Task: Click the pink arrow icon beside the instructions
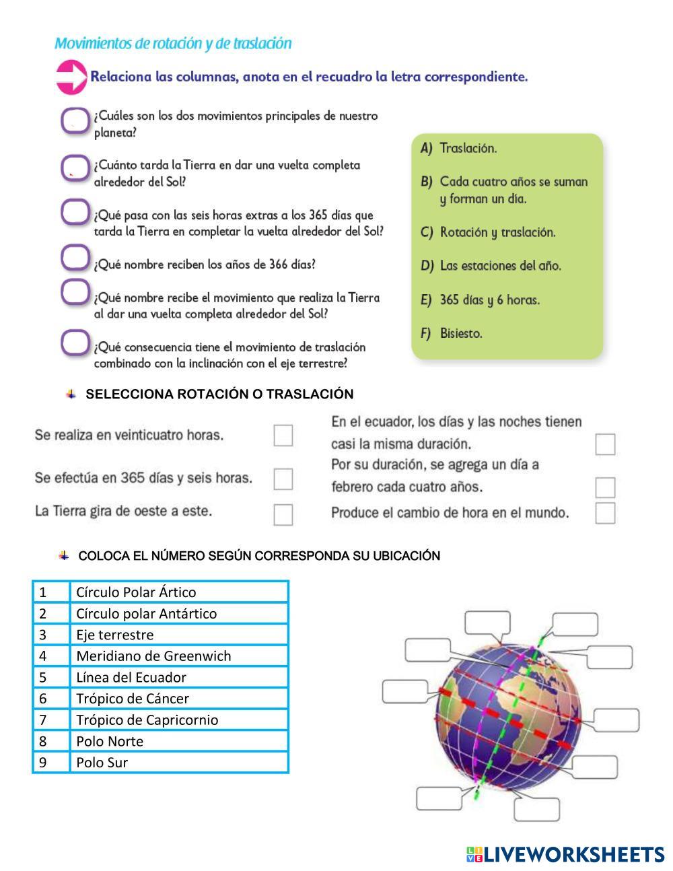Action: (71, 77)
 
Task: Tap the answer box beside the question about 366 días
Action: (75, 256)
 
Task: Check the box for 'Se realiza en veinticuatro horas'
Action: (283, 435)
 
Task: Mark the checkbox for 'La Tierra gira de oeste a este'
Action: (283, 515)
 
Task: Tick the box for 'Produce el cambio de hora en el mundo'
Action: (605, 513)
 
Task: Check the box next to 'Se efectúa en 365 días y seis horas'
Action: (283, 479)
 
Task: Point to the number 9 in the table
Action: (44, 763)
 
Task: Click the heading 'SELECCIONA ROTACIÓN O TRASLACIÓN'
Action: (219, 394)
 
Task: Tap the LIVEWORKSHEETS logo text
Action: (573, 855)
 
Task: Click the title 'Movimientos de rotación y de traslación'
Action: (173, 44)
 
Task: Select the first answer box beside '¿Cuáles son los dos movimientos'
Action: (75, 121)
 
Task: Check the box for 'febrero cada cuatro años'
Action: (605, 487)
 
